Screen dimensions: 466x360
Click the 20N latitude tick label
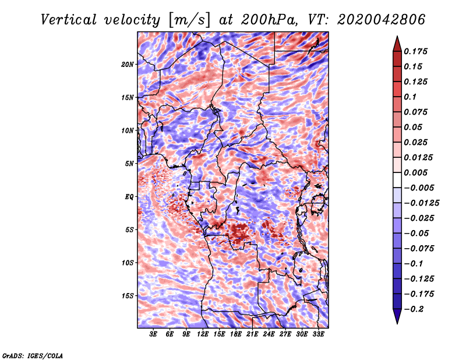128,65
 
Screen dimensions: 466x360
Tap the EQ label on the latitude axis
129,197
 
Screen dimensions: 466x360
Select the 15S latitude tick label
128,296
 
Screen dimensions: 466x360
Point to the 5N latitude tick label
129,164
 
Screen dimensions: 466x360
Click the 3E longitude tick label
153,334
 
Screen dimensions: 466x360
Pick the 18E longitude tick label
236,334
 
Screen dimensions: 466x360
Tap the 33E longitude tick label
318,334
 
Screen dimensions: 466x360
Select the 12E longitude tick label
203,334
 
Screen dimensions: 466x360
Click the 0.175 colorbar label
415,51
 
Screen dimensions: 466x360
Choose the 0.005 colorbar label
415,172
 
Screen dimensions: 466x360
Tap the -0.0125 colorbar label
421,203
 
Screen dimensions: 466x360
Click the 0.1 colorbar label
410,97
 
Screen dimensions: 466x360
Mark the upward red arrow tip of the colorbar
397,36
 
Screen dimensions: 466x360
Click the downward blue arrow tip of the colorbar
397,323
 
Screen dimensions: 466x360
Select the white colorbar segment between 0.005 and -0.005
397,180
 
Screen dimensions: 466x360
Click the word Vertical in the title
69,20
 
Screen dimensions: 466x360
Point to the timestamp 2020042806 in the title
382,20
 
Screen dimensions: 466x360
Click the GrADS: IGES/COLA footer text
33,355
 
